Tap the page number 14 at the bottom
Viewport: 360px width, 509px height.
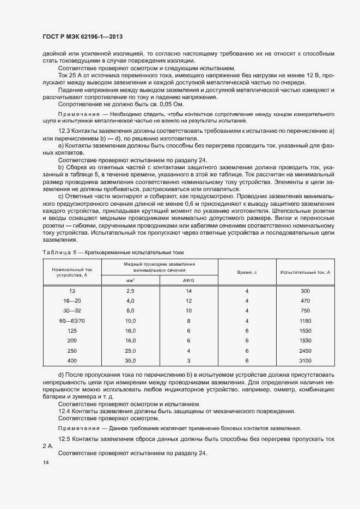pos(45,463)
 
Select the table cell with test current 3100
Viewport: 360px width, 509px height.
pos(305,360)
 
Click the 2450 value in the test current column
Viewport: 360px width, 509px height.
pos(305,351)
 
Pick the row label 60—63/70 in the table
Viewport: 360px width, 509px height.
pos(72,321)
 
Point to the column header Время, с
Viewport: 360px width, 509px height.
pos(247,271)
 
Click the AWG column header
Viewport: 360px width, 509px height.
pos(188,280)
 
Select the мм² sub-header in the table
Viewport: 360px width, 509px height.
pos(130,280)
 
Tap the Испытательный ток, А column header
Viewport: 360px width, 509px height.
pos(305,271)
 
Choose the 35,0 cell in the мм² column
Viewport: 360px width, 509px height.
pos(130,360)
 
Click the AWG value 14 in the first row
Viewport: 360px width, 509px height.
pos(188,291)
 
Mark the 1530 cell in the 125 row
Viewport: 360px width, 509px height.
pos(305,330)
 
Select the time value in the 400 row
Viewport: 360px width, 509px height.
pos(247,360)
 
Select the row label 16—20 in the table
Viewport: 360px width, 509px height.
pos(72,301)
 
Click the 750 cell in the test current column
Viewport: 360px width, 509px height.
pos(305,311)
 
